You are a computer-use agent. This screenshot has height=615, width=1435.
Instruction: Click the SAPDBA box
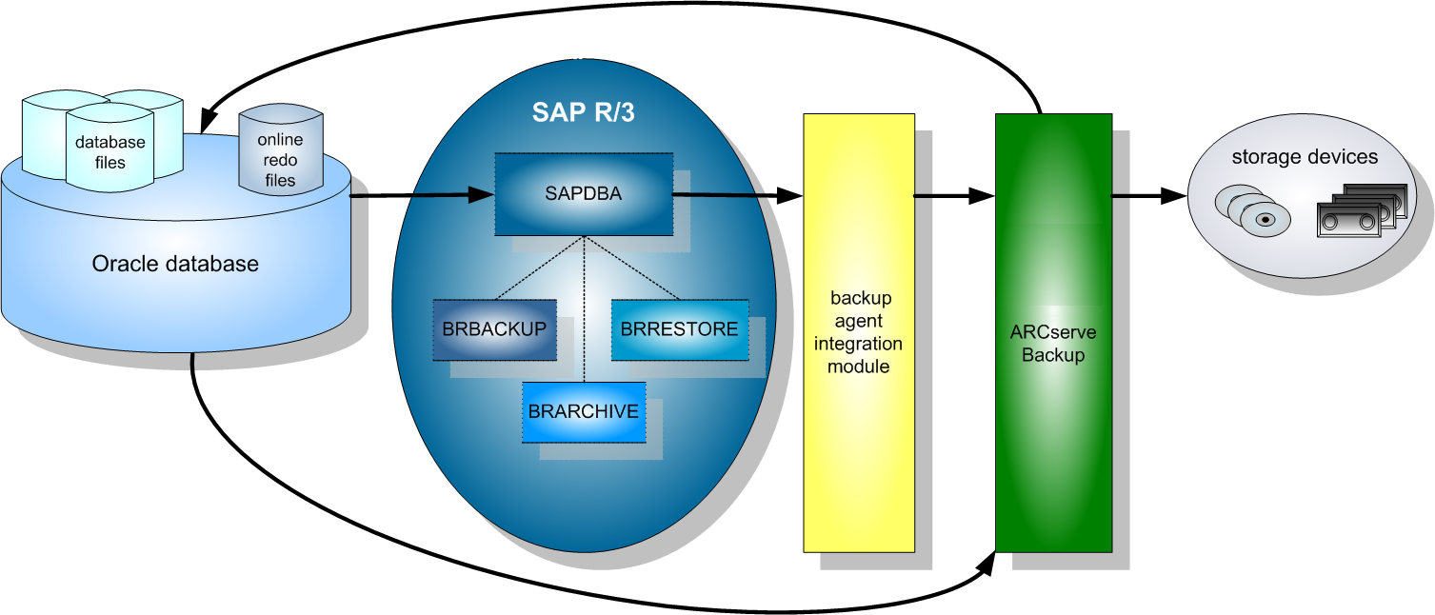[x=583, y=194]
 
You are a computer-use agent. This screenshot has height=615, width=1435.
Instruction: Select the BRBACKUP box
[x=494, y=329]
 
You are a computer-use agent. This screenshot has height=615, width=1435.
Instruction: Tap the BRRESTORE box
[x=679, y=329]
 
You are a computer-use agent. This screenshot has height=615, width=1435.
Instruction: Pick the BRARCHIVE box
[x=583, y=411]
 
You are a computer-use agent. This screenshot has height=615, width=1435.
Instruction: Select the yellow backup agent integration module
[x=858, y=333]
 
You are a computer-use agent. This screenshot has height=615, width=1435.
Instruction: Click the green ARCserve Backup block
[x=1053, y=333]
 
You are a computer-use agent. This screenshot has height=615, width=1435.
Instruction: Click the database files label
[x=110, y=152]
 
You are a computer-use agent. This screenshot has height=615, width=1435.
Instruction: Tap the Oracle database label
[x=175, y=264]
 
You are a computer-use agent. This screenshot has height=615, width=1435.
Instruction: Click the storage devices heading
[x=1305, y=157]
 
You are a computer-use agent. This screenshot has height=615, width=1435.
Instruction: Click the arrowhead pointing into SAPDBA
[x=483, y=195]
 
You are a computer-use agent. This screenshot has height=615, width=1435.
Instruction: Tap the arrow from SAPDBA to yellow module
[x=738, y=195]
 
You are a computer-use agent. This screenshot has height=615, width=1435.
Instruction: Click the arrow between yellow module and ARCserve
[x=954, y=196]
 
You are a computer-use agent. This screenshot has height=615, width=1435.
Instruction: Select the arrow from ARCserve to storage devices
[x=1148, y=196]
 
